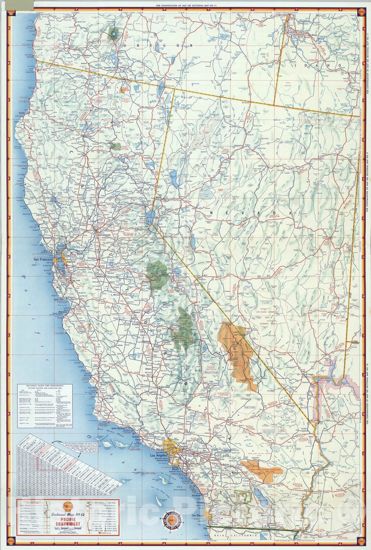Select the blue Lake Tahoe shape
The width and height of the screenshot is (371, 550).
point(149,217)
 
